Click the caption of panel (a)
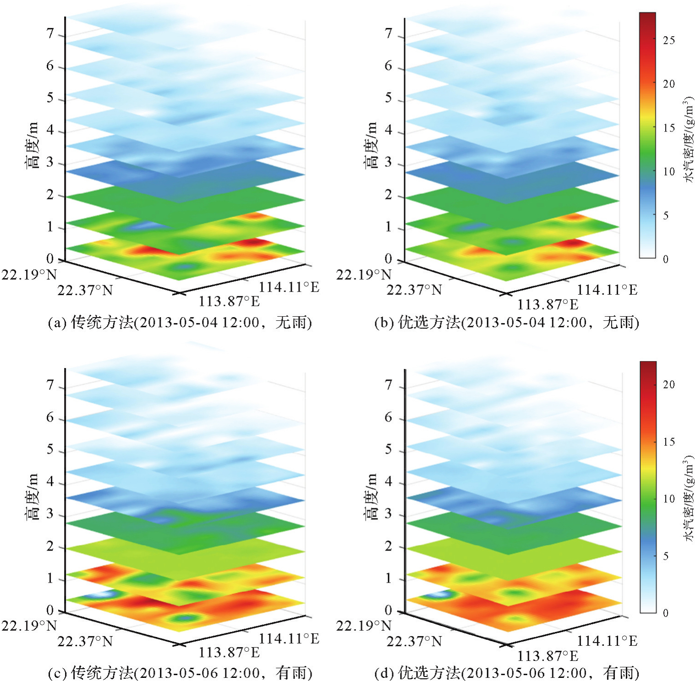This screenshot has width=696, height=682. pyautogui.click(x=180, y=323)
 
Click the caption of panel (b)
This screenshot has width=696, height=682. pyautogui.click(x=506, y=323)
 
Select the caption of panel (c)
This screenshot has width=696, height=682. pyautogui.click(x=180, y=673)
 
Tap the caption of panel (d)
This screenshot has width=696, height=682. pyautogui.click(x=506, y=673)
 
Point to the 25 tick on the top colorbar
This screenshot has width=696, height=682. pyautogui.click(x=669, y=40)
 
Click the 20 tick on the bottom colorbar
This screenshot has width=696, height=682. pyautogui.click(x=669, y=385)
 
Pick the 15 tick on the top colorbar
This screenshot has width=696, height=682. pyautogui.click(x=669, y=128)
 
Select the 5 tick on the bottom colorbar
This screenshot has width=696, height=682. pyautogui.click(x=665, y=556)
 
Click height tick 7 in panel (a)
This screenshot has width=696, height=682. pyautogui.click(x=50, y=34)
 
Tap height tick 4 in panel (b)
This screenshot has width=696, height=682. pyautogui.click(x=389, y=130)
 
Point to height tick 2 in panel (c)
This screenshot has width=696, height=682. pyautogui.click(x=50, y=546)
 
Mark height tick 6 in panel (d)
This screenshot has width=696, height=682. pyautogui.click(x=389, y=417)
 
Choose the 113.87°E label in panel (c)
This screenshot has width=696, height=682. pyautogui.click(x=229, y=652)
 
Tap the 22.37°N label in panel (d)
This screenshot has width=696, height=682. pyautogui.click(x=414, y=641)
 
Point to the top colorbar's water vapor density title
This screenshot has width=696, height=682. pyautogui.click(x=689, y=140)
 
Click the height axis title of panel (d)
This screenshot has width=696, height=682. pyautogui.click(x=371, y=497)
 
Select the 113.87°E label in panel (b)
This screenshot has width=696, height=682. pyautogui.click(x=548, y=304)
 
